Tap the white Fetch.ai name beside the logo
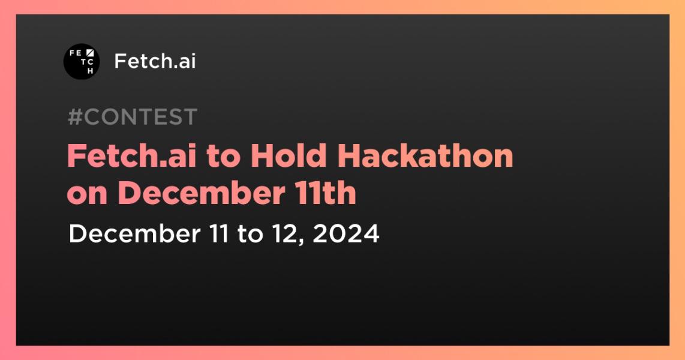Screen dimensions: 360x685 pyautogui.click(x=155, y=61)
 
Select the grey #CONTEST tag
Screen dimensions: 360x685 pyautogui.click(x=133, y=117)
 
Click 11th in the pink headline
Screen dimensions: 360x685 pyautogui.click(x=333, y=194)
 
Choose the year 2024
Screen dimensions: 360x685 pyautogui.click(x=346, y=233)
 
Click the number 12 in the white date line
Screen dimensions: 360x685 pyautogui.click(x=287, y=233)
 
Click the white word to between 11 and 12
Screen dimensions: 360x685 pyautogui.click(x=250, y=233)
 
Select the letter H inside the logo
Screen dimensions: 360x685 pyautogui.click(x=91, y=71)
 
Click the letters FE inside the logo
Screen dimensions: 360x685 pyautogui.click(x=76, y=53)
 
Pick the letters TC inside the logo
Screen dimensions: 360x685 pyautogui.click(x=83, y=62)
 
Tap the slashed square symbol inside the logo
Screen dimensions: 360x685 pyautogui.click(x=91, y=53)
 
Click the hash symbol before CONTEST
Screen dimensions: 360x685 pyautogui.click(x=75, y=117)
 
